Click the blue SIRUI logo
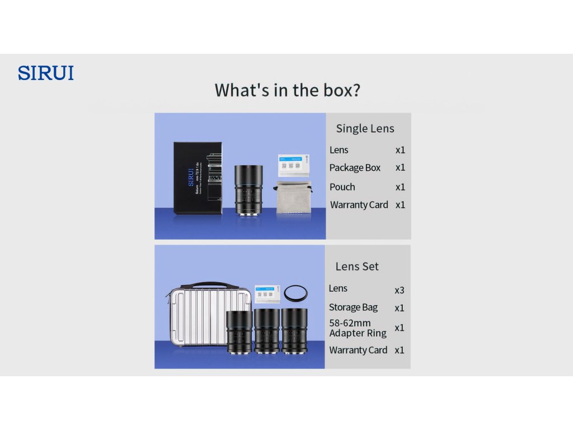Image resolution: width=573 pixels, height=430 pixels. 46,73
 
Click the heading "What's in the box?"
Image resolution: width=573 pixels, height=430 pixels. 287,90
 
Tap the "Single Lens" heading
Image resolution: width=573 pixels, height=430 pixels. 365,128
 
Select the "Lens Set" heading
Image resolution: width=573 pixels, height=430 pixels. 357,267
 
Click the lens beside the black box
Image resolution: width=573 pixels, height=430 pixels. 247,190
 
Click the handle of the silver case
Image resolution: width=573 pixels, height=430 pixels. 202,284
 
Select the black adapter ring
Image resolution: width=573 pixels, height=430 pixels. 296,293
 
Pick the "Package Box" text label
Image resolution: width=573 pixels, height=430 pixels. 355,167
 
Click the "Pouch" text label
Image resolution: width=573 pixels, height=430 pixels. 342,187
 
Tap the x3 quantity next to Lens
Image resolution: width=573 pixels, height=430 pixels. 399,290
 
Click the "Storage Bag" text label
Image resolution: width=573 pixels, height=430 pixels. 353,307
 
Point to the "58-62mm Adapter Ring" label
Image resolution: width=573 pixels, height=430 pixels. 358,328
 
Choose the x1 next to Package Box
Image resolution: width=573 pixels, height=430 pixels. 400,167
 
